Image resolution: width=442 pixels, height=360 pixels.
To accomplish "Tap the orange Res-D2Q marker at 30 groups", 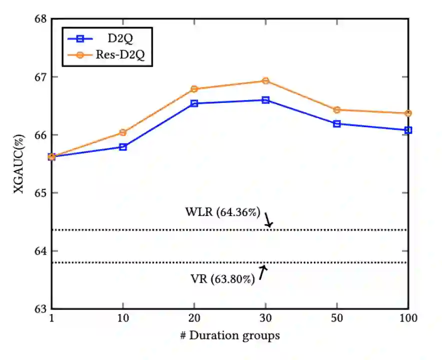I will [265, 80].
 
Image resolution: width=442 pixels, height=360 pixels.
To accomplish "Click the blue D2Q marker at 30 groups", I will [265, 100].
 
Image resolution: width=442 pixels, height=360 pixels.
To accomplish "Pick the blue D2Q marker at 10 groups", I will [123, 147].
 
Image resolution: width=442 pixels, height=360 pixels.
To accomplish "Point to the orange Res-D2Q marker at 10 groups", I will [123, 132].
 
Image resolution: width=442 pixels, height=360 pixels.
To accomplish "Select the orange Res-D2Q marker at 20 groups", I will [194, 89].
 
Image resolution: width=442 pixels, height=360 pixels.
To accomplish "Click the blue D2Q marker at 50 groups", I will [337, 123].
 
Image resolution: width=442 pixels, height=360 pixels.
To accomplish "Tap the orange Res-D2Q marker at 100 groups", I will [408, 113].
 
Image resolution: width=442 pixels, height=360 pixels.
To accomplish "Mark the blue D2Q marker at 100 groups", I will [408, 130].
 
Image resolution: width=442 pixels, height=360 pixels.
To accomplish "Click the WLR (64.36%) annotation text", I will [222, 212].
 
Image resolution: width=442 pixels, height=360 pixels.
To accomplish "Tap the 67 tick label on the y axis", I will [40, 77].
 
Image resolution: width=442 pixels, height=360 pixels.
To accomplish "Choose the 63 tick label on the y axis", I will [40, 308].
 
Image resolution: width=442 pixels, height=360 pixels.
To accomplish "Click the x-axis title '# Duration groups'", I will [230, 336].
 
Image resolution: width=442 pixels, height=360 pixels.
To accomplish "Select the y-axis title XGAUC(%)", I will [20, 163].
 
